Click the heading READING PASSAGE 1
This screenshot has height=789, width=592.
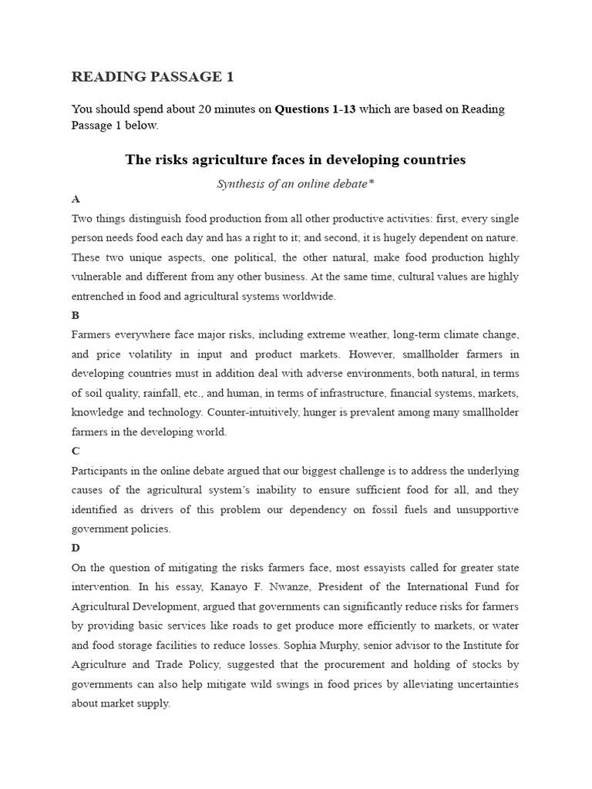(x=152, y=76)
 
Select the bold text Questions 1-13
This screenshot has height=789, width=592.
(x=315, y=109)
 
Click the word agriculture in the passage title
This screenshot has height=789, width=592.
(x=217, y=160)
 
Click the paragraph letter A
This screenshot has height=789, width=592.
(x=76, y=199)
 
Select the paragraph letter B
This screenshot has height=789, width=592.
(x=76, y=315)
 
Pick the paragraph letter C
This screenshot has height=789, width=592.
(x=76, y=451)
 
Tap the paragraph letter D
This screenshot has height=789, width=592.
(x=76, y=548)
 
